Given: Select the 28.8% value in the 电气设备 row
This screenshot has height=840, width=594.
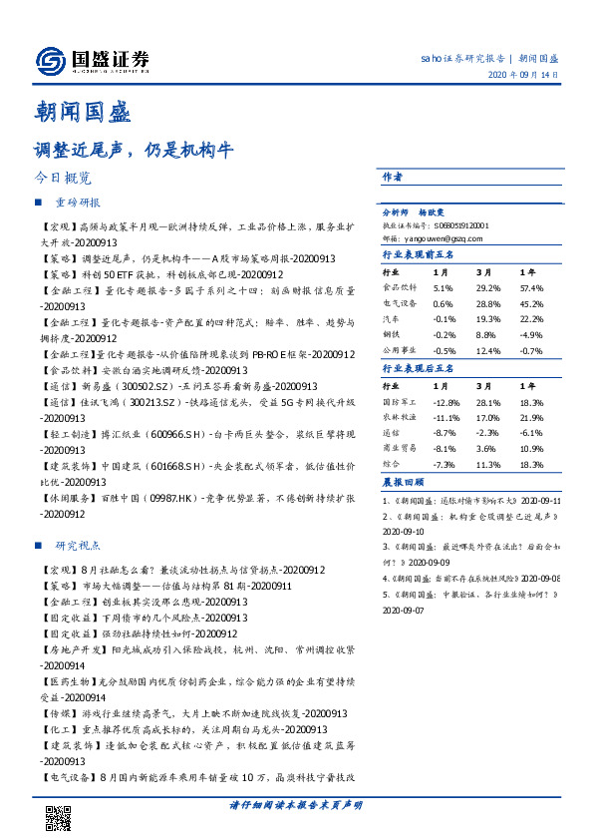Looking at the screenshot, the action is coord(488,302).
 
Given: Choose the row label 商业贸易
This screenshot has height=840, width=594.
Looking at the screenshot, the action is coord(398,449).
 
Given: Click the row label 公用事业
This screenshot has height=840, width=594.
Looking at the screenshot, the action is coord(398,350).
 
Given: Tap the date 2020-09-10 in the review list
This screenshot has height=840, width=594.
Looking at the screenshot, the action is coord(403,533).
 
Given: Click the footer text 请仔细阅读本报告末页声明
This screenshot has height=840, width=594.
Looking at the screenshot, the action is coord(296,804).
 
